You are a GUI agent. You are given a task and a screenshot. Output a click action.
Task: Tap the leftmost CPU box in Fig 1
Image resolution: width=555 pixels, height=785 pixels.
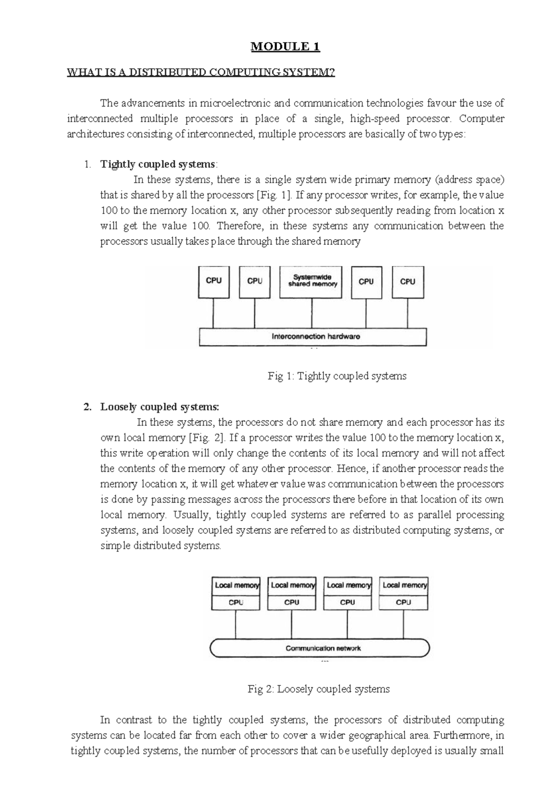click(x=213, y=282)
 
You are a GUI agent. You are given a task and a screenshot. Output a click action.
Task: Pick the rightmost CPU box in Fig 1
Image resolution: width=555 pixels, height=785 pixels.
click(x=407, y=282)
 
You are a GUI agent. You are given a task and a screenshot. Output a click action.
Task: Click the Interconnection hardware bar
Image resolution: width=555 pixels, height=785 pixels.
click(x=313, y=337)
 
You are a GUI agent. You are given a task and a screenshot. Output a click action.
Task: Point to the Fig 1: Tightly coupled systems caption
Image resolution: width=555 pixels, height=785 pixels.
click(x=337, y=376)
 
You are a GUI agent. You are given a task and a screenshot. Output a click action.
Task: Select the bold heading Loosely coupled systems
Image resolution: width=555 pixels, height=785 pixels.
click(x=160, y=407)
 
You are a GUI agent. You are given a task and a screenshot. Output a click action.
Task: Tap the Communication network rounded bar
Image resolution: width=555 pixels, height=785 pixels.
click(x=320, y=648)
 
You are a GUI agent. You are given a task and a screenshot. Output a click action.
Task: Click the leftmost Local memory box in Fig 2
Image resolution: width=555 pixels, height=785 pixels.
click(x=236, y=585)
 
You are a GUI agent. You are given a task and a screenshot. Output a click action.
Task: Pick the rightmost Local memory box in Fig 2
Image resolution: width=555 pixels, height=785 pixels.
click(x=404, y=585)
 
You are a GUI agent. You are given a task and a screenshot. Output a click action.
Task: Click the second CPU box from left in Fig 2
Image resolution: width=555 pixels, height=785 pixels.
click(x=291, y=602)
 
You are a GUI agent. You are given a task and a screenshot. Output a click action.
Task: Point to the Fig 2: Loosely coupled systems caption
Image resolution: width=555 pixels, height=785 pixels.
click(x=319, y=689)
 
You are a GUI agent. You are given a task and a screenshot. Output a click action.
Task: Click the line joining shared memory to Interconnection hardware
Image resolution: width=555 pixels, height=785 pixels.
click(x=312, y=314)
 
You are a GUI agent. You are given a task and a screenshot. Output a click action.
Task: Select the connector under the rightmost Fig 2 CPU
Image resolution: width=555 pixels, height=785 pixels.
click(x=403, y=624)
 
